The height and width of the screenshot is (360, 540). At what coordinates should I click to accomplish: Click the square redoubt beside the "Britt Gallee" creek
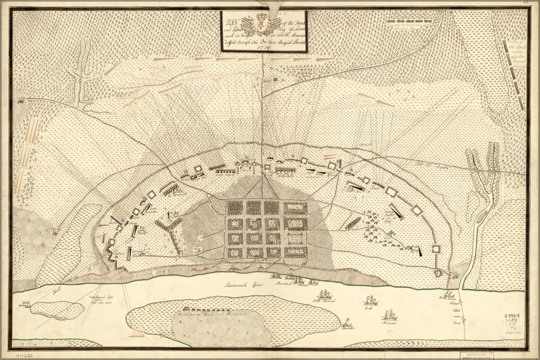pos(439,273)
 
